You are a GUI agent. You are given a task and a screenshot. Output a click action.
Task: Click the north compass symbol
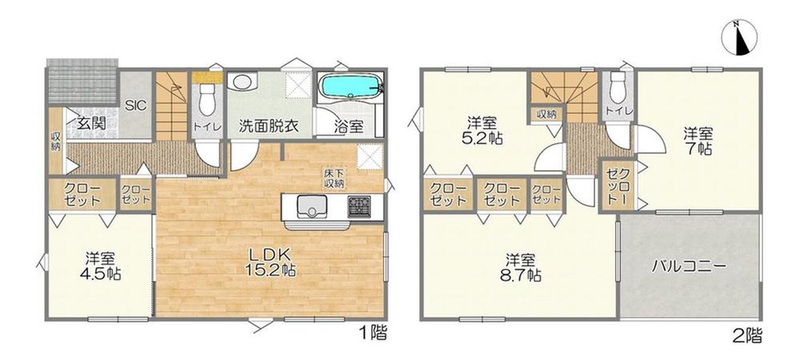[739, 38]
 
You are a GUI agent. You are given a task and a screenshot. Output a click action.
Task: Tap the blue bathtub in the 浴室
[350, 85]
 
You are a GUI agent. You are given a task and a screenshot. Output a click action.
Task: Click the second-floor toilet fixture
[618, 87]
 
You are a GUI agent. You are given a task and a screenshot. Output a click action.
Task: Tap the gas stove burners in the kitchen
[359, 207]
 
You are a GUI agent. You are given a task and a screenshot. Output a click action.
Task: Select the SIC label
[136, 106]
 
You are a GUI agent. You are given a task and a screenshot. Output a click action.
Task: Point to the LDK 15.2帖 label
[271, 262]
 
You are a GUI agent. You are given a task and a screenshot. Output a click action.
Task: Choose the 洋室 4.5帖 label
[100, 266]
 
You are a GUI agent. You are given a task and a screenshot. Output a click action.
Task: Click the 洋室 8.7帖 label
[521, 267]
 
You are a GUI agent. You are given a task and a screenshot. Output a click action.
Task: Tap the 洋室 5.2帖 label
[482, 130]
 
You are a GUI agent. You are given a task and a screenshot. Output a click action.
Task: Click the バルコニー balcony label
[690, 267]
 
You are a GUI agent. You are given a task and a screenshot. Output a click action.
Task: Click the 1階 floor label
[374, 334]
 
